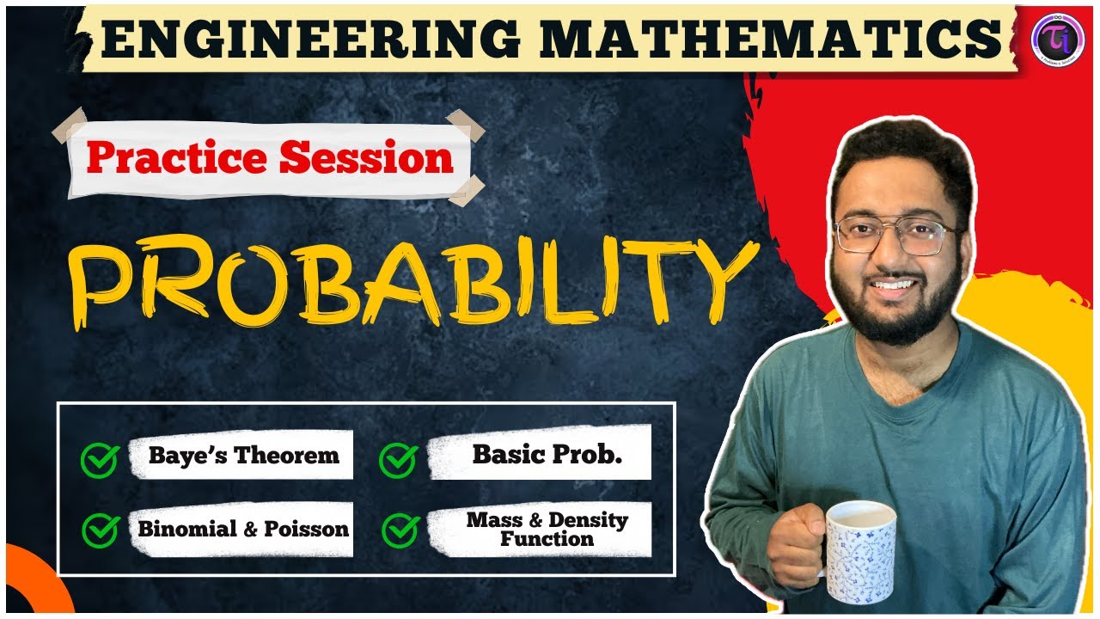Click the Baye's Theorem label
pos(244,455)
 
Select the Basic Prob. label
pos(547,455)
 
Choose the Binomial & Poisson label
pos(244,529)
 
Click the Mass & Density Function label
pos(547,530)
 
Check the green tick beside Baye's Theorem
pos(98,460)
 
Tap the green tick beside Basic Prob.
pos(397,460)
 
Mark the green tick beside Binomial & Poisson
pos(98,530)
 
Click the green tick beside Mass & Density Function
pos(399,530)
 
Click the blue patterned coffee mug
pos(859,550)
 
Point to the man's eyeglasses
pos(894,234)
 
